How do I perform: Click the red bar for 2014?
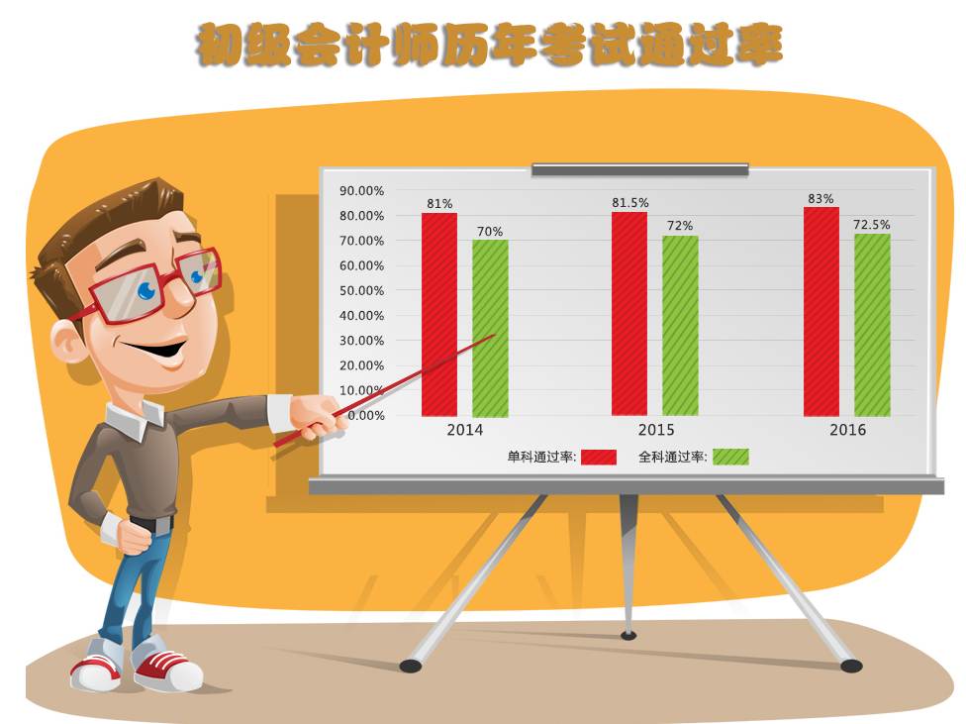click(x=439, y=315)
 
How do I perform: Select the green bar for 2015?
click(x=680, y=326)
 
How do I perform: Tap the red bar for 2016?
click(x=821, y=311)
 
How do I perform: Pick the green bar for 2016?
click(x=872, y=325)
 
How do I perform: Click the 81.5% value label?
click(x=630, y=202)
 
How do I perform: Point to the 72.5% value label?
click(x=872, y=225)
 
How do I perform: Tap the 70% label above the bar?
click(x=490, y=231)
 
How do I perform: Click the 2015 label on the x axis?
click(x=656, y=429)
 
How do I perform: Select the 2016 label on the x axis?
click(x=847, y=429)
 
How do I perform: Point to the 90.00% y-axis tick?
click(x=361, y=191)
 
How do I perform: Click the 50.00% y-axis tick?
click(x=361, y=290)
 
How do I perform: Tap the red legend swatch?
click(x=598, y=457)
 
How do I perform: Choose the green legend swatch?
click(x=730, y=457)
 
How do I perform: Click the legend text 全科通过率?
click(x=672, y=457)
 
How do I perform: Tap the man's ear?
click(x=67, y=342)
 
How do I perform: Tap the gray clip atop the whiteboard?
click(x=640, y=169)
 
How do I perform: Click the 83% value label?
click(x=821, y=198)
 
